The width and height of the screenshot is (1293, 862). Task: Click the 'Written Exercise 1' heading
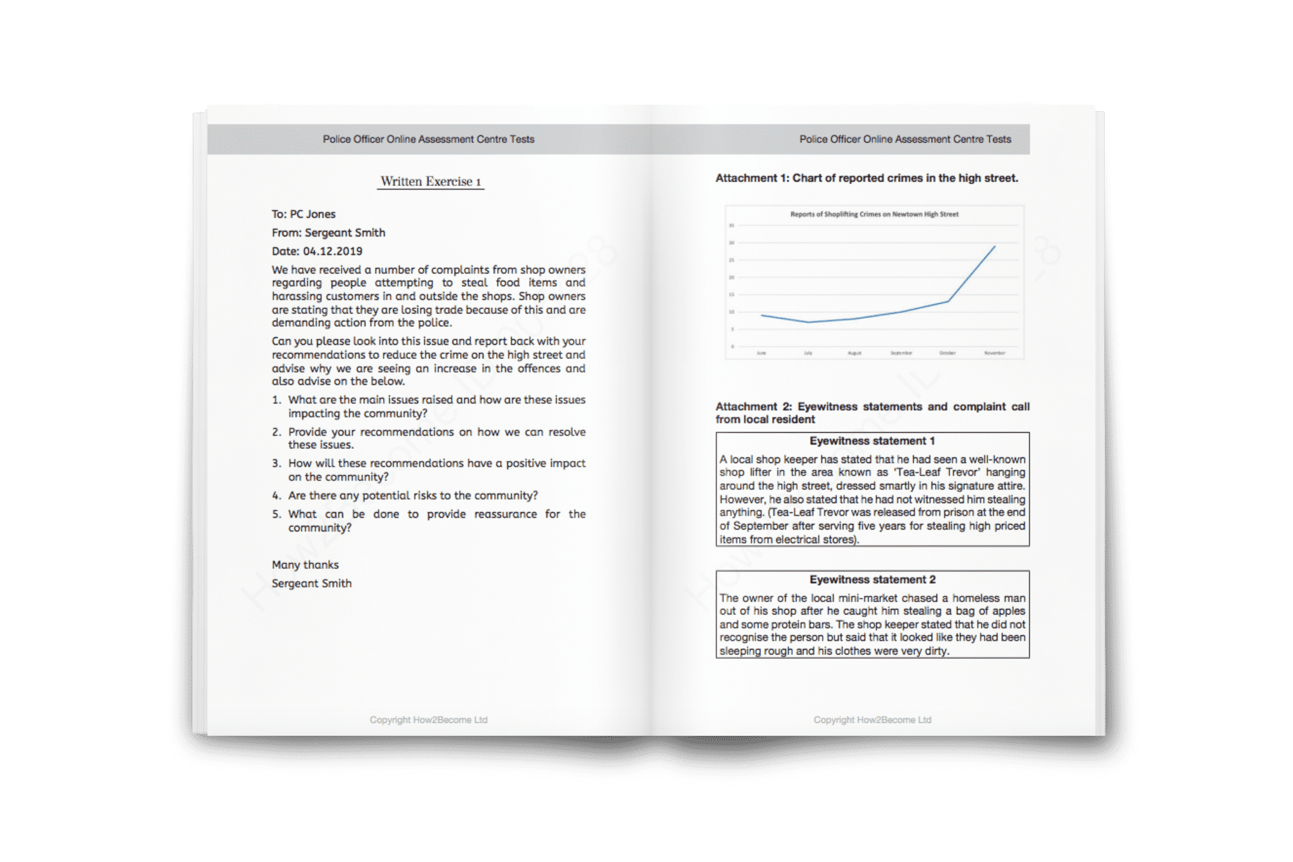point(430,182)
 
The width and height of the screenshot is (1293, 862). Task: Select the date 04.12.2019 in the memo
point(332,251)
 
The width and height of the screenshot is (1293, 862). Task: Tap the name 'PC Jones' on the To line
point(313,214)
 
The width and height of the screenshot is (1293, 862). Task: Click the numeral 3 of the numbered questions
point(276,464)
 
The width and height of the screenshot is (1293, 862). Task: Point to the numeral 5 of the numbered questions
point(276,515)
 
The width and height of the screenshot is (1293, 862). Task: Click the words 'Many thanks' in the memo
point(305,565)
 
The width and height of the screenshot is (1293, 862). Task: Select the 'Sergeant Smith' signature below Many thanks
point(312,584)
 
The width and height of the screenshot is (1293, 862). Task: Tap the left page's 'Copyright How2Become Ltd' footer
point(429,720)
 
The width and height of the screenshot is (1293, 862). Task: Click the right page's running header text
point(905,140)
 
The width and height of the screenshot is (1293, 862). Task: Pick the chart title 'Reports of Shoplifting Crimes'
point(874,214)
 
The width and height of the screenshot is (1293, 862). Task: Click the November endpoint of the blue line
point(994,247)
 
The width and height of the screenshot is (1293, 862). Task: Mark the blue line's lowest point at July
point(808,322)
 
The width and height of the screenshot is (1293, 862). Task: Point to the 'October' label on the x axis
point(948,353)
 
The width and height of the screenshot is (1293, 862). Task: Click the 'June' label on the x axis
point(762,353)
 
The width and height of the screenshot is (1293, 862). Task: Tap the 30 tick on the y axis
point(732,243)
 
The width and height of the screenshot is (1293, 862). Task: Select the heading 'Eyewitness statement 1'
point(872,441)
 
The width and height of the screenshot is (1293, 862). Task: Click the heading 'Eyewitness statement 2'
point(872,579)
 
